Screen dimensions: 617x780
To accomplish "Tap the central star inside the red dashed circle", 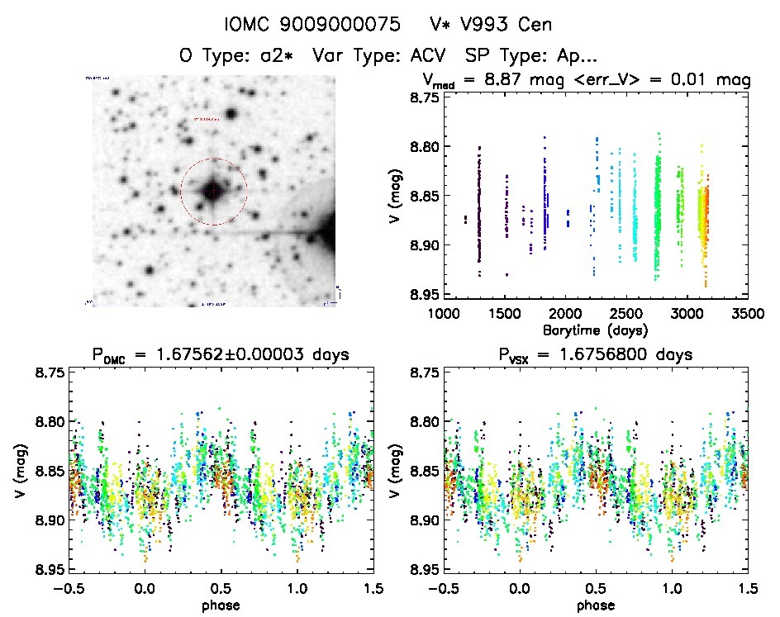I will [x=213, y=192].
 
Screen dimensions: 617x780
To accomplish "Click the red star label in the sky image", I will [x=206, y=119].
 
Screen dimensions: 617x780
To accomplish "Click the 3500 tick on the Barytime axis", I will [x=748, y=314].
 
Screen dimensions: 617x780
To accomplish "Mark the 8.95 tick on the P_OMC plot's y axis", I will [x=48, y=570].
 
